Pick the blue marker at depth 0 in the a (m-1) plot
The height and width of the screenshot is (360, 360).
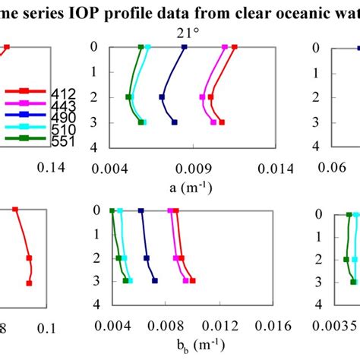point(184,47)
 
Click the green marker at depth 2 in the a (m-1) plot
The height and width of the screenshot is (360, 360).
point(128,96)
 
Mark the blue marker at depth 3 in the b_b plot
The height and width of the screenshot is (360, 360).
point(155,281)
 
